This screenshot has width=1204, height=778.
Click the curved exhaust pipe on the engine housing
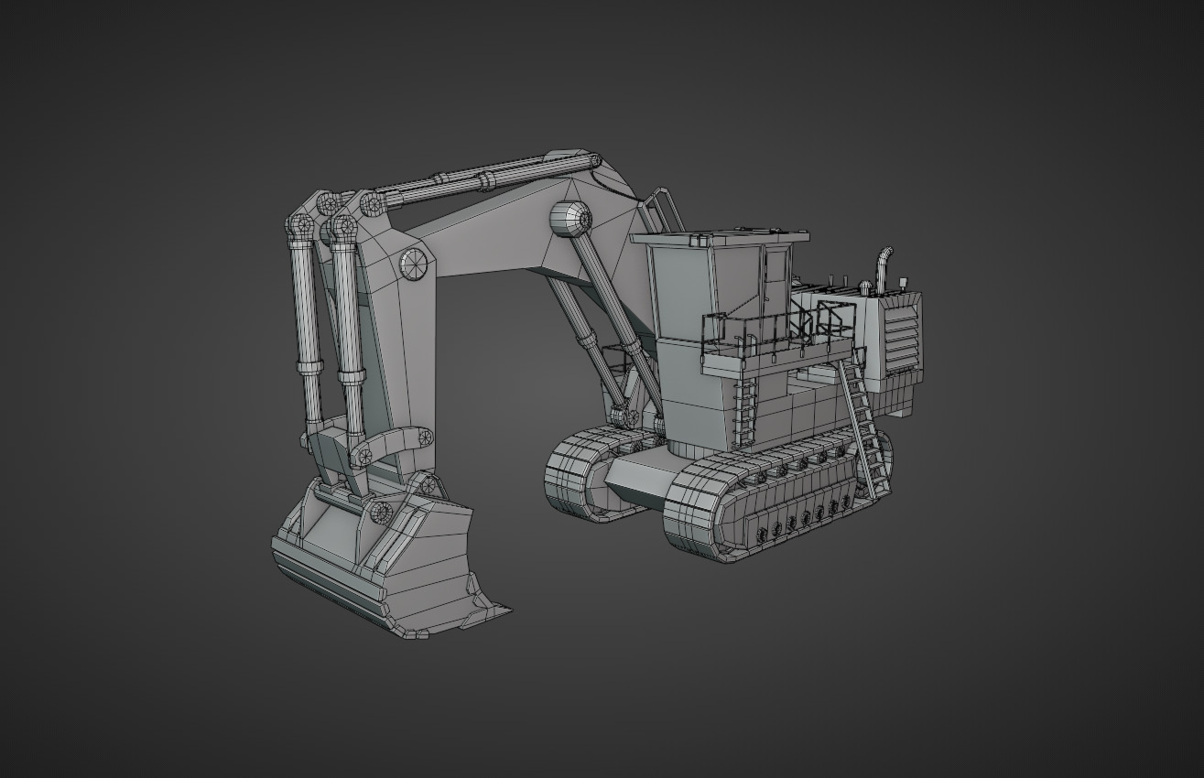tap(883, 267)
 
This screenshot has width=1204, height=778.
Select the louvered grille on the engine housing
tap(902, 333)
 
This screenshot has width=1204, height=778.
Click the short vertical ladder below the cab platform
tap(746, 407)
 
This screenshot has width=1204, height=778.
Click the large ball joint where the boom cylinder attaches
tap(569, 219)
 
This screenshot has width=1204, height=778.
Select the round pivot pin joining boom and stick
tap(414, 263)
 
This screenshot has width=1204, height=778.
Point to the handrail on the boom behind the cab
tap(662, 211)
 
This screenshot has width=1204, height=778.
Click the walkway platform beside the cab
tap(778, 357)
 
